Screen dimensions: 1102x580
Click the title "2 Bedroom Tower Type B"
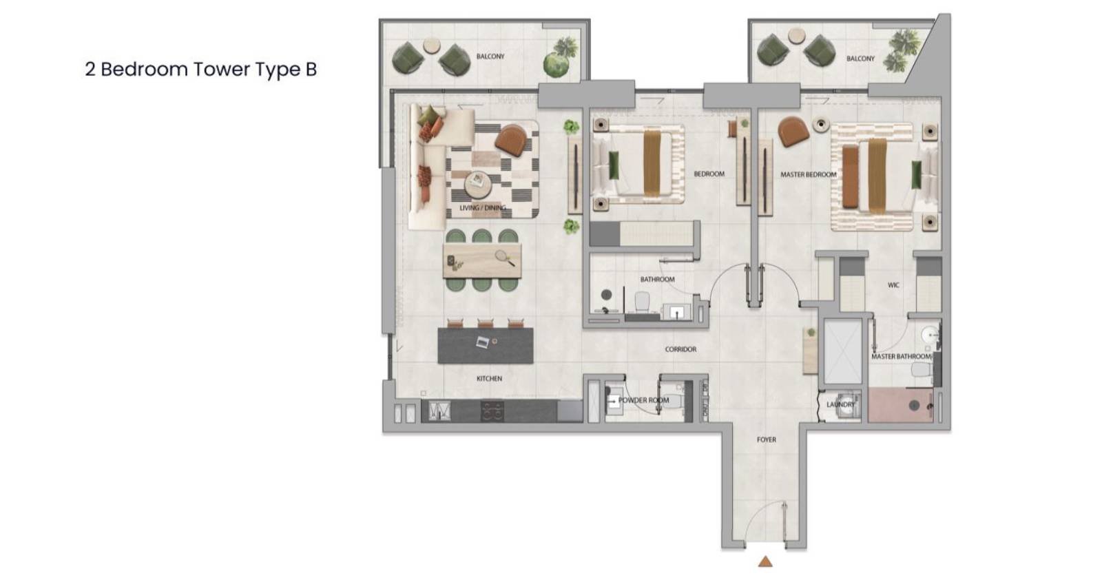pyautogui.click(x=200, y=70)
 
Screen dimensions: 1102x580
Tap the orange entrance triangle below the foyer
pyautogui.click(x=765, y=561)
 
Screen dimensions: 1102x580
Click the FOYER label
pyautogui.click(x=766, y=439)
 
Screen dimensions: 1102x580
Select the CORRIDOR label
pyautogui.click(x=680, y=349)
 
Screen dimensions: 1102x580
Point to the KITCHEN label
pyautogui.click(x=489, y=378)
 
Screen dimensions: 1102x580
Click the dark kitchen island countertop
pyautogui.click(x=485, y=345)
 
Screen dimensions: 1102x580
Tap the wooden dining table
pyautogui.click(x=482, y=261)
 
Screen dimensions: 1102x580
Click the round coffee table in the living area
pyautogui.click(x=478, y=185)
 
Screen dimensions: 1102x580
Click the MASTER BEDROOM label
pyautogui.click(x=809, y=174)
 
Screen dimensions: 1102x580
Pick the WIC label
pyautogui.click(x=893, y=285)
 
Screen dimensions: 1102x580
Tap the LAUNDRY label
pyautogui.click(x=840, y=404)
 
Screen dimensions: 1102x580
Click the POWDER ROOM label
pyautogui.click(x=643, y=400)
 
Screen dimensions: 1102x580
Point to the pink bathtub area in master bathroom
pyautogui.click(x=900, y=405)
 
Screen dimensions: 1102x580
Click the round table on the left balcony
pyautogui.click(x=432, y=45)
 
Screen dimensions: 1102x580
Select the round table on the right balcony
pyautogui.click(x=796, y=35)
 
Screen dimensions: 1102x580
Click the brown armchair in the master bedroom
pyautogui.click(x=793, y=132)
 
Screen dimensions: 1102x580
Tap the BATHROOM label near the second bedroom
pyautogui.click(x=657, y=280)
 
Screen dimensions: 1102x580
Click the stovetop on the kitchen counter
pyautogui.click(x=492, y=411)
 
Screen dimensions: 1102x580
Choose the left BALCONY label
pyautogui.click(x=490, y=56)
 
